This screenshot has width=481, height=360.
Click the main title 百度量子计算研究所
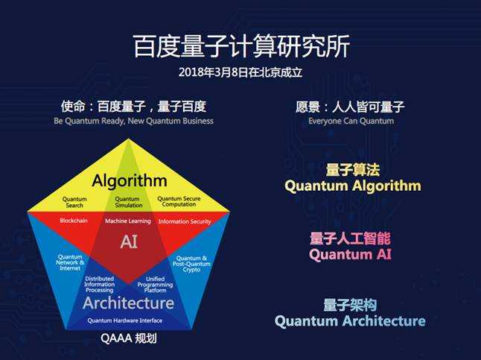[241, 46]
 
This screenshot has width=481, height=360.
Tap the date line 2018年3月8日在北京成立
[241, 72]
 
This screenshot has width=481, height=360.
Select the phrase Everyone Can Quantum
[351, 121]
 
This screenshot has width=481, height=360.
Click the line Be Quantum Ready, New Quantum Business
[133, 121]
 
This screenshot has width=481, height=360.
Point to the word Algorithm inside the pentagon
[130, 180]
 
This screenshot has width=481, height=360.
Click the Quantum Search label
[74, 202]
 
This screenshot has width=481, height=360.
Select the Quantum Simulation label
[129, 202]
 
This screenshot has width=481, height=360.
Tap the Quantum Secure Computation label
[179, 201]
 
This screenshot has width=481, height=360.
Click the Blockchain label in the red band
[74, 221]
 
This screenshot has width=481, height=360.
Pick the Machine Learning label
[128, 221]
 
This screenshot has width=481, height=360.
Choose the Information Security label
[185, 221]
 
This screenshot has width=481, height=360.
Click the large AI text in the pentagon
[129, 241]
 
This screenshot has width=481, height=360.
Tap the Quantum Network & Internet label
[70, 262]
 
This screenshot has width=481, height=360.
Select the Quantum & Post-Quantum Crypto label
[191, 264]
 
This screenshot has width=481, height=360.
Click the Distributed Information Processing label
[99, 284]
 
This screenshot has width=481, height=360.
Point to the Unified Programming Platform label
[155, 285]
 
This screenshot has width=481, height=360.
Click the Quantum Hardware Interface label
[125, 320]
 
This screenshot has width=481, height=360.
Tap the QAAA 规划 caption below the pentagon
[129, 338]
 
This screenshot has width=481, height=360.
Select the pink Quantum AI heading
[350, 255]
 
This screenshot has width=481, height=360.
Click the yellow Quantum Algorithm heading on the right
[353, 186]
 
